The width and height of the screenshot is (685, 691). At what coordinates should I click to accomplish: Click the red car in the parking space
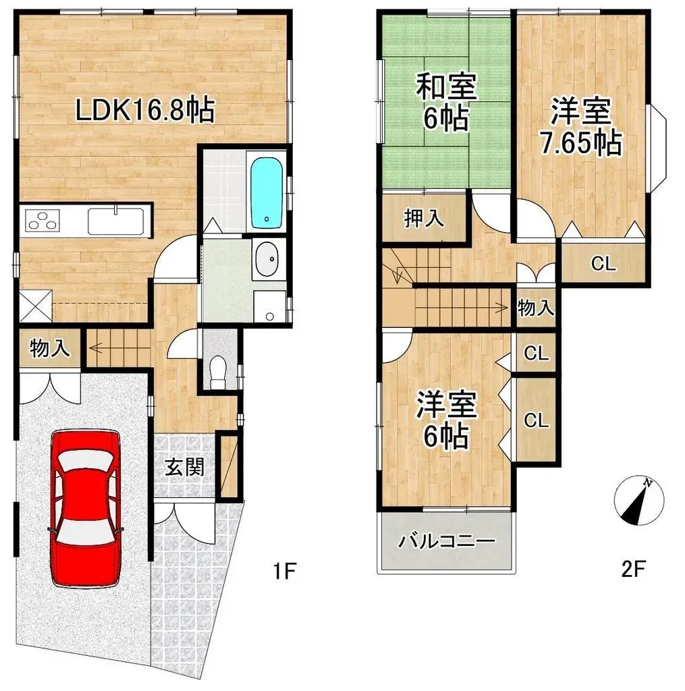[x=85, y=509]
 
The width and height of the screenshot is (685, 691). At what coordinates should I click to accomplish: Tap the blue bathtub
[x=267, y=193]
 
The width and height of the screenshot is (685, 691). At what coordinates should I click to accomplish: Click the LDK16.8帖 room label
[x=145, y=110]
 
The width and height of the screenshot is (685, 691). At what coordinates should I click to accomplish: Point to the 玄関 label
[x=185, y=467]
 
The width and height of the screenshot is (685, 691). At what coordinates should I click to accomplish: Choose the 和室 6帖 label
[x=446, y=103]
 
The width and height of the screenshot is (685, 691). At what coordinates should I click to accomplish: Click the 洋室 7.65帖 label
[x=581, y=126]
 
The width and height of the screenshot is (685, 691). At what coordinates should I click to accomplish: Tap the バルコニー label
[x=447, y=541]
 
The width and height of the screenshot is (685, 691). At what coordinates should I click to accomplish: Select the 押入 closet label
[x=424, y=218]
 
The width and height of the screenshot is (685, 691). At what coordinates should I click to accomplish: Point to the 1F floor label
[x=284, y=571]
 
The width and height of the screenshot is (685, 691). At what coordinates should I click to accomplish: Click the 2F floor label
[x=634, y=569]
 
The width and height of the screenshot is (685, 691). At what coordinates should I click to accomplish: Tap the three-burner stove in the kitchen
[x=43, y=221]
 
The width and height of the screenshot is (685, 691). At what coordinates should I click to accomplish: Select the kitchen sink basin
[x=115, y=221]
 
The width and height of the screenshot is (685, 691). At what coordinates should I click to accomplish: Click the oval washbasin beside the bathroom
[x=266, y=258]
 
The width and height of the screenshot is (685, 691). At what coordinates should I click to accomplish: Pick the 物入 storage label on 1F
[x=50, y=349]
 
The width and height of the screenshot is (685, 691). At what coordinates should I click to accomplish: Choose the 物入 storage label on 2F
[x=536, y=307]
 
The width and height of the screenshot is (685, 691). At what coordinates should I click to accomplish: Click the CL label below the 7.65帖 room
[x=603, y=264]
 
